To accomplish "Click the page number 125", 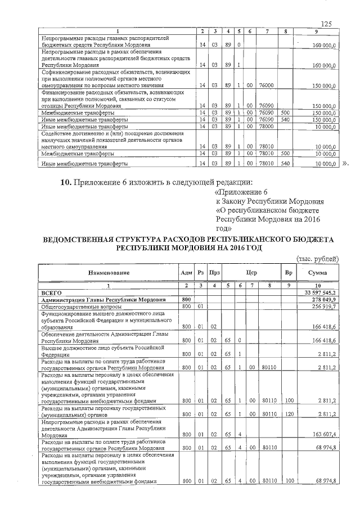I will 326,23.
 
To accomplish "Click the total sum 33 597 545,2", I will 319,292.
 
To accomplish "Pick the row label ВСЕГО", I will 53,292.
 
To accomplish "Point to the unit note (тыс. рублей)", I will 317,259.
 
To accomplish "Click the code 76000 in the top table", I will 266,85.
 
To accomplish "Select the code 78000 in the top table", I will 266,127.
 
